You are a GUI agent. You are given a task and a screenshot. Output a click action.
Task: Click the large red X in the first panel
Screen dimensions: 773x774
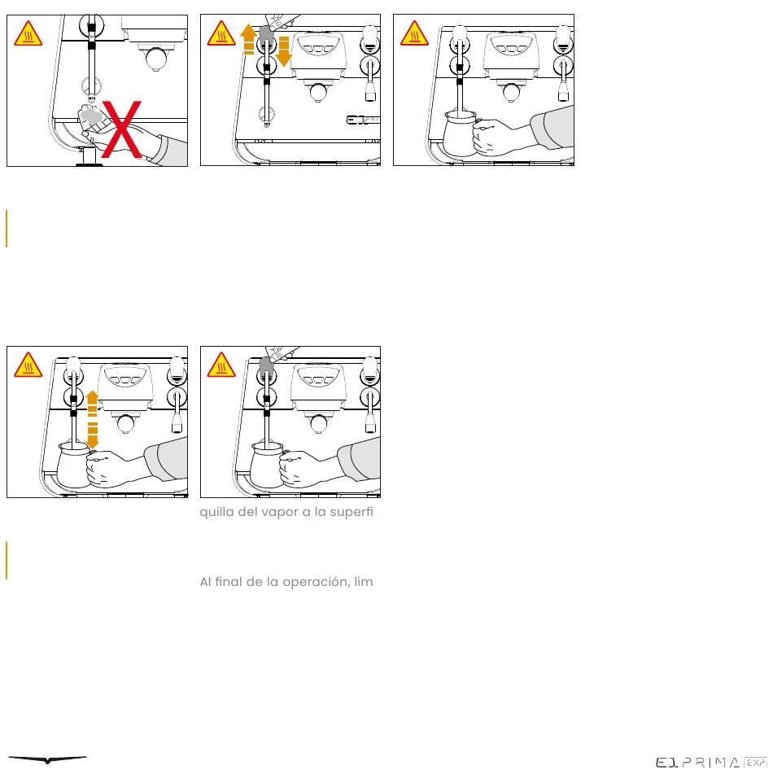coord(122,130)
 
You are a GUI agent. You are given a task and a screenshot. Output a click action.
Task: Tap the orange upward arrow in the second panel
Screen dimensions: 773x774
coord(248,39)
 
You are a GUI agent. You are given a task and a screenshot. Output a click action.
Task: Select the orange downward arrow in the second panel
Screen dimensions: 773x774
coord(284,50)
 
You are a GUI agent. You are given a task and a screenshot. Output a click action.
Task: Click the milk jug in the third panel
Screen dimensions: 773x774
coord(460,133)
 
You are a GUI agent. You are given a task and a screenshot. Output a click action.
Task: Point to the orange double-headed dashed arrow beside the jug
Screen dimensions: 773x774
coord(92,420)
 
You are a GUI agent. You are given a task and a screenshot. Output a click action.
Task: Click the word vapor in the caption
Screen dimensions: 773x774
coord(279,512)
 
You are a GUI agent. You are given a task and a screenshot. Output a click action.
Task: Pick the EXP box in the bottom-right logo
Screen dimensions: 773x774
coord(755,763)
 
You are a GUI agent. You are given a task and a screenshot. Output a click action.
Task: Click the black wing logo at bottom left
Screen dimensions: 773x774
coord(47,759)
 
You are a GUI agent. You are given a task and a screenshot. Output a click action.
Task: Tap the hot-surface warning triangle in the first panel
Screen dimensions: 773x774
coord(28,33)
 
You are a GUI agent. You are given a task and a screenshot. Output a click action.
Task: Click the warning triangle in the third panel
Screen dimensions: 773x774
coord(415,33)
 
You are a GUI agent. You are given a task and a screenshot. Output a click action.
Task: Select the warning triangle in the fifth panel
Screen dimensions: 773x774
coord(221,365)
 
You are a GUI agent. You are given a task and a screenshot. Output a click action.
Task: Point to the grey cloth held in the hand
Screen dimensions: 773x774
coord(91,116)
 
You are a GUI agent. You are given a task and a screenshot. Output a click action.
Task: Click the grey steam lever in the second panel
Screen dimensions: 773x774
coord(266,33)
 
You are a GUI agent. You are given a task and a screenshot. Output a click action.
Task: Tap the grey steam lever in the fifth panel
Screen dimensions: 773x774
coord(266,365)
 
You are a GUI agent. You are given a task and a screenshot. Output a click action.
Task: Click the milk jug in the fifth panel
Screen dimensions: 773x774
coord(267,465)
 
